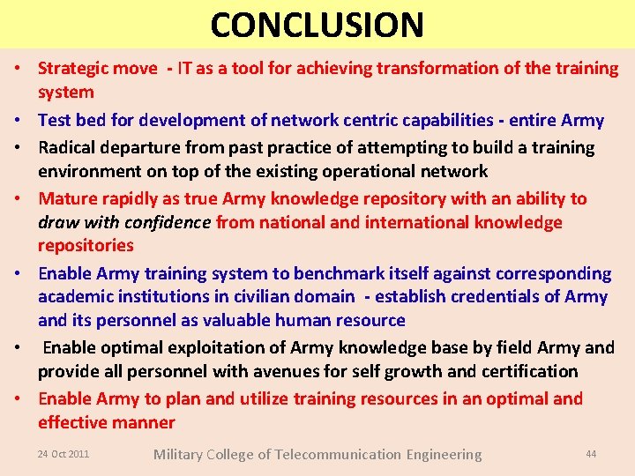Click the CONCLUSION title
pos(317,25)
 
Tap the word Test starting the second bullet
pos(55,121)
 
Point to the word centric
pos(371,121)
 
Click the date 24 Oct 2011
pos(63,454)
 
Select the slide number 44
pos(591,454)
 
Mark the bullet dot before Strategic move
pos(18,70)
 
